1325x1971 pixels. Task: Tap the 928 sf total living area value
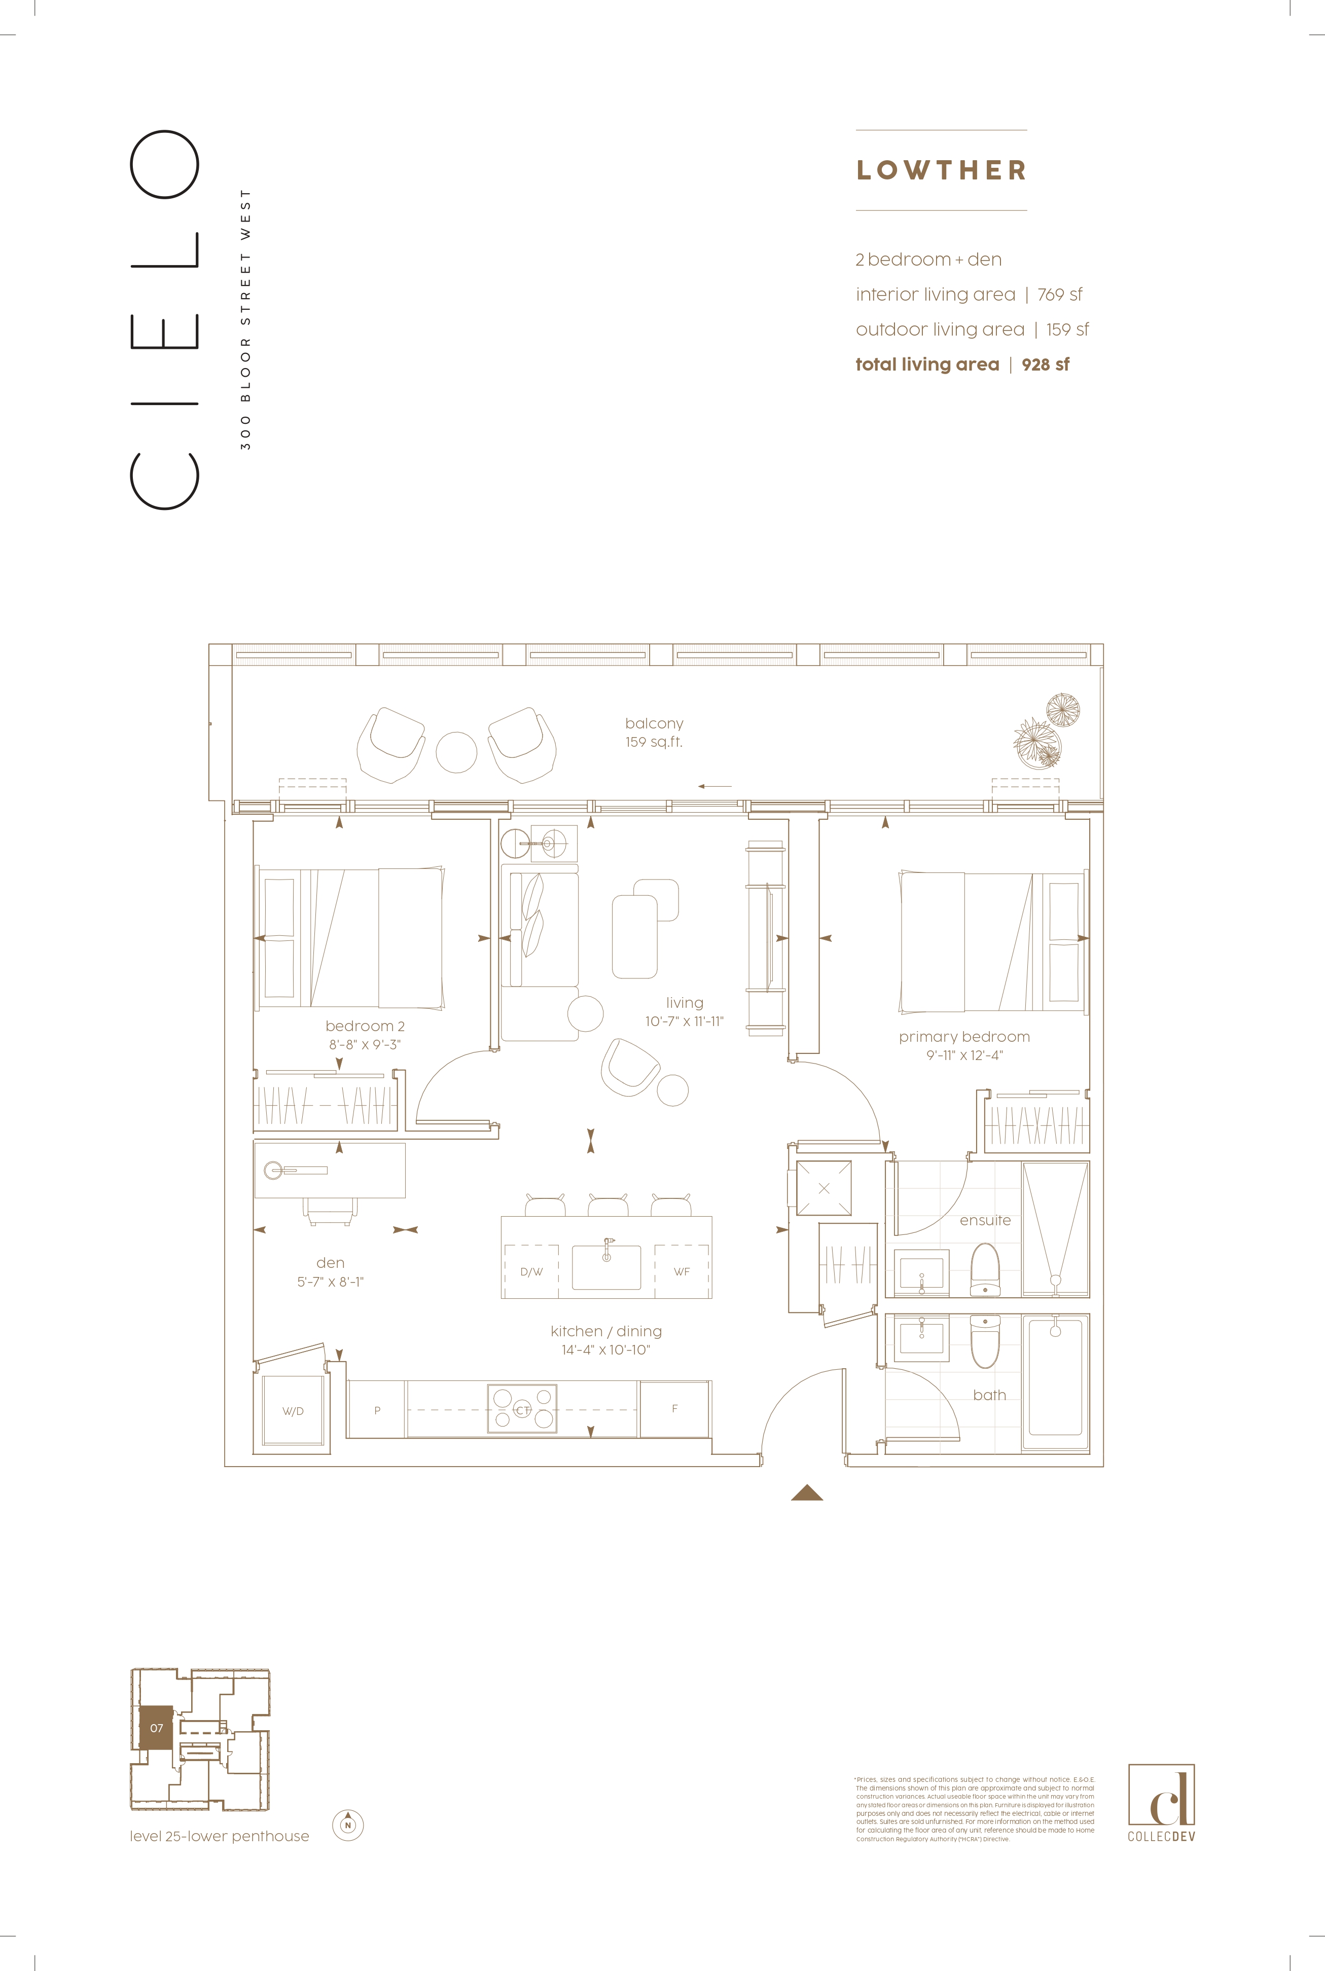[x=1045, y=365]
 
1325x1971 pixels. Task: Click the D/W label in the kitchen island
[x=531, y=1271]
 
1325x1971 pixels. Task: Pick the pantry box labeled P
[x=377, y=1409]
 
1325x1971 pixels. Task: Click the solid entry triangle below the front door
[x=807, y=1493]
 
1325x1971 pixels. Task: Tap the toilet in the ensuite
[x=984, y=1267]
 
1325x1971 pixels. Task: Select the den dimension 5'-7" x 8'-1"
[x=331, y=1282]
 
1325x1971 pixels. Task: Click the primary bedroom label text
[x=964, y=1037]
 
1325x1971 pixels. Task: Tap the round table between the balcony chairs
[x=456, y=752]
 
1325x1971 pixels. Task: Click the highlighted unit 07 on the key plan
[x=156, y=1728]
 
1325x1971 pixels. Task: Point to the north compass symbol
[x=347, y=1825]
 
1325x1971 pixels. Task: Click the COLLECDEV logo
[x=1161, y=1803]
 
